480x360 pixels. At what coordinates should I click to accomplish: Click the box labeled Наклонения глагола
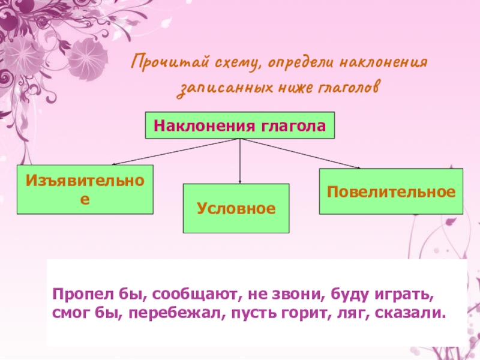(x=239, y=126)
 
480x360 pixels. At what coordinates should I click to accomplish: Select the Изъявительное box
(x=85, y=190)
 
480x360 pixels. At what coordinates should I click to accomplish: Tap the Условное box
(x=236, y=208)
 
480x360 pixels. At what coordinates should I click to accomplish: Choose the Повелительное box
(x=391, y=192)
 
